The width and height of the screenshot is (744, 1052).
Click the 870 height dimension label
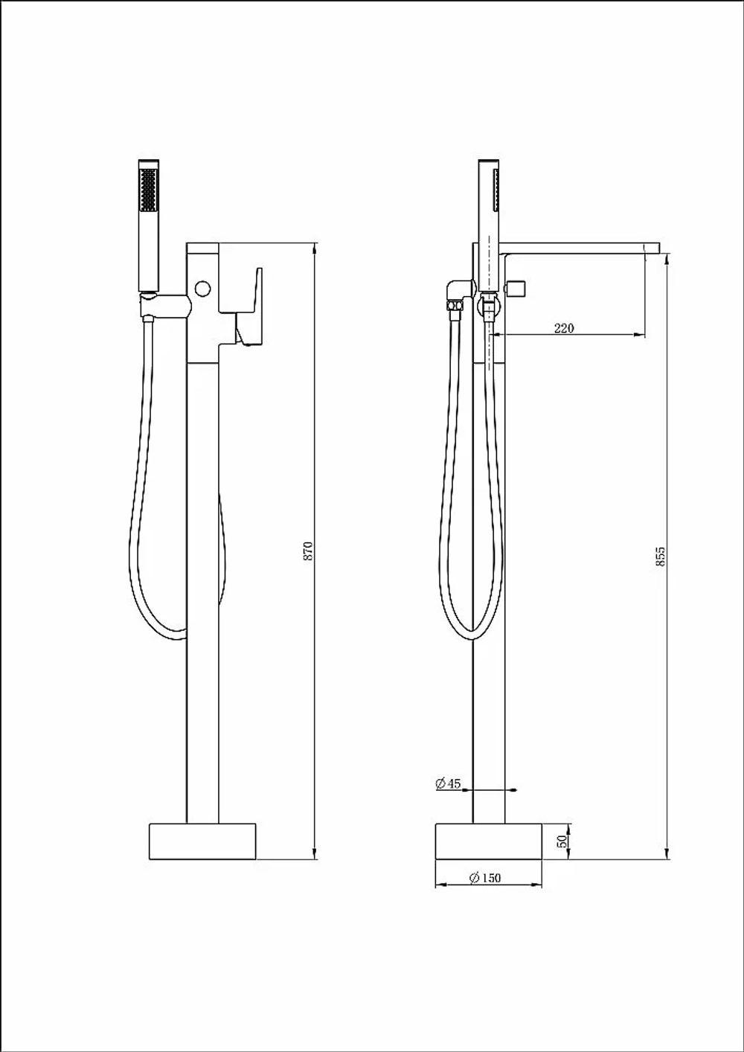(x=308, y=551)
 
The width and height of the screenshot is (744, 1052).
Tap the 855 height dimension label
(x=661, y=557)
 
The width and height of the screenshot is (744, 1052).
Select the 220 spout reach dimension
(x=564, y=328)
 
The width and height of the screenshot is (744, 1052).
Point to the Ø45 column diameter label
(x=449, y=784)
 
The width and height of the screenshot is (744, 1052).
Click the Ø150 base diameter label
(x=485, y=878)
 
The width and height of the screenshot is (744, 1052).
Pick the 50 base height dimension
(x=562, y=841)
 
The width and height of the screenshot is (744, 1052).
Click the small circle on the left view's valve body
(x=203, y=288)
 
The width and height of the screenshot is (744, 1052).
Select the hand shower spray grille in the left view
(x=149, y=190)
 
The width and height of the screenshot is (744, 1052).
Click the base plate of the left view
(x=202, y=841)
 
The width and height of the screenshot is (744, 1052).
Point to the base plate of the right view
(x=489, y=841)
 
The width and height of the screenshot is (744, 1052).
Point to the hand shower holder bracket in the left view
(x=165, y=305)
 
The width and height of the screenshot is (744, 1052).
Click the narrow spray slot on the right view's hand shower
(x=496, y=190)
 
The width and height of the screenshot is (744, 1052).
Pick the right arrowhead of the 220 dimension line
(x=639, y=335)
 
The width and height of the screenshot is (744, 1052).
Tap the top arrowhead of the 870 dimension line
(x=315, y=248)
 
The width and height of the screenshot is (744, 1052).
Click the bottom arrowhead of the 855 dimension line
(x=667, y=854)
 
